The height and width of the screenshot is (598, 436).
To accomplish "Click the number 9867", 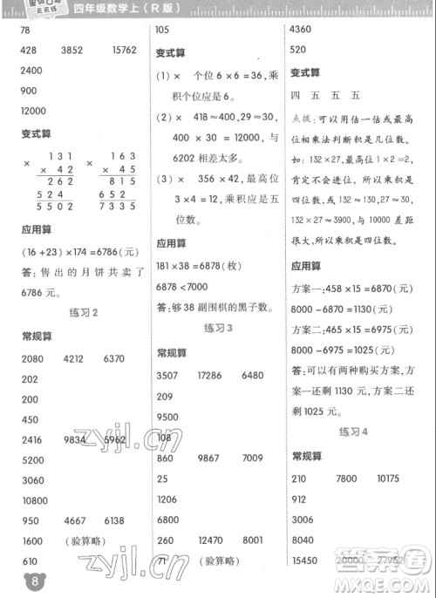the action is point(215,458).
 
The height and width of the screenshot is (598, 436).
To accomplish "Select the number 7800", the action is point(348,479).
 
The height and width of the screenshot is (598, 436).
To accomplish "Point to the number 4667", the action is point(77,520).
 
